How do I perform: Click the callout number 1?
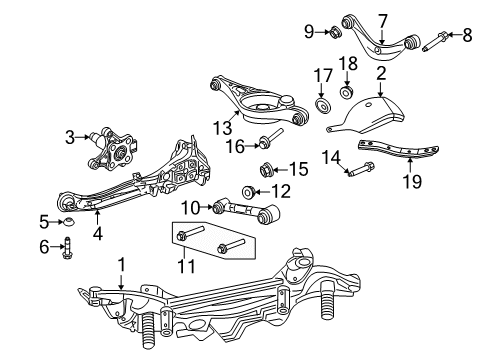(x=121, y=265)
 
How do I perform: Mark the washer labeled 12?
(x=248, y=191)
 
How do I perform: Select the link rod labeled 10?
(x=248, y=209)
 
